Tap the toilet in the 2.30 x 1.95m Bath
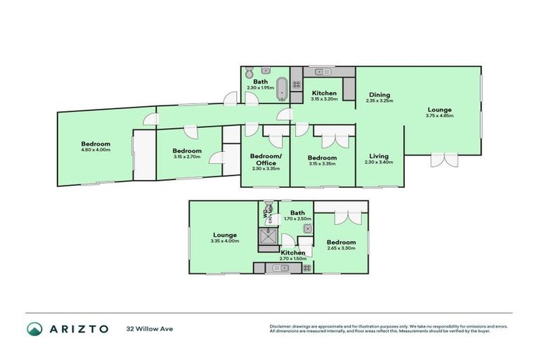pyautogui.click(x=249, y=72)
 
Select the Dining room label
pyautogui.click(x=379, y=95)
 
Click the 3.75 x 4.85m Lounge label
pyautogui.click(x=439, y=110)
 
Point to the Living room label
pyautogui.click(x=379, y=156)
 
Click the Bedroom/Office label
pyautogui.click(x=266, y=159)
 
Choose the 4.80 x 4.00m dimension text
pyautogui.click(x=96, y=150)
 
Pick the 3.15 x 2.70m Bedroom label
pyautogui.click(x=188, y=150)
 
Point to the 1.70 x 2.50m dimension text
pyautogui.click(x=297, y=219)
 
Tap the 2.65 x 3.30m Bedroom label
pyautogui.click(x=341, y=243)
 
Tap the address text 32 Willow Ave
pyautogui.click(x=150, y=329)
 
